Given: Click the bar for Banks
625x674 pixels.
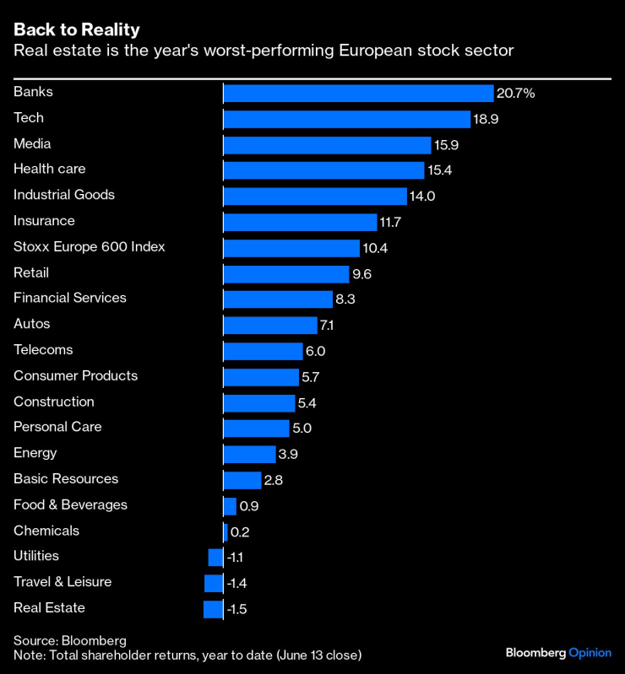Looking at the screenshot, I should pos(358,93).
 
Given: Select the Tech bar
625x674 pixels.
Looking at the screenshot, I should pos(346,119).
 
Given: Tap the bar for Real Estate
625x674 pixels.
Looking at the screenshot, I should pos(213,609).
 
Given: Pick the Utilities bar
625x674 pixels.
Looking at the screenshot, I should pos(215,557).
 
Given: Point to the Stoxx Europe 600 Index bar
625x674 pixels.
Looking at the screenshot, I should pos(291,248).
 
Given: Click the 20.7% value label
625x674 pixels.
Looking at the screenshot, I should pos(516,94).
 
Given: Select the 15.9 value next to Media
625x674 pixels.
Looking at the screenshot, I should pos(446,145).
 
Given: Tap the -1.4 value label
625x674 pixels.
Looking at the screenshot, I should pos(236,583).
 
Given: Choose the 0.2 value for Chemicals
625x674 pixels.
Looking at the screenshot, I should pos(240,531).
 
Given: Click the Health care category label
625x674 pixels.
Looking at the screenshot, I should pos(49,169).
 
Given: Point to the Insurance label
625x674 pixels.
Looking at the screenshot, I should pos(44,220).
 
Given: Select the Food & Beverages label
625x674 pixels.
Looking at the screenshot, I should pos(70,504).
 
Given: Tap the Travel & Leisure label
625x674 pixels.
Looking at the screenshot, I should pos(62,581).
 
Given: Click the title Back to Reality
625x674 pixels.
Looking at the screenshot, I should pos(77,30).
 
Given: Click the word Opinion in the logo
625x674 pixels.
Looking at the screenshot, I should pos(590,652).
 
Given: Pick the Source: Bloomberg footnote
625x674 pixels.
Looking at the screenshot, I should pos(69,640).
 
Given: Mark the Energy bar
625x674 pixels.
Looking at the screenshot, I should pos(249,454).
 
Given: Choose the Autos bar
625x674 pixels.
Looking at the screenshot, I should pos(270,326).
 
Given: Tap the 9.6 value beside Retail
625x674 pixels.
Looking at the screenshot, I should pos(362,274).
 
